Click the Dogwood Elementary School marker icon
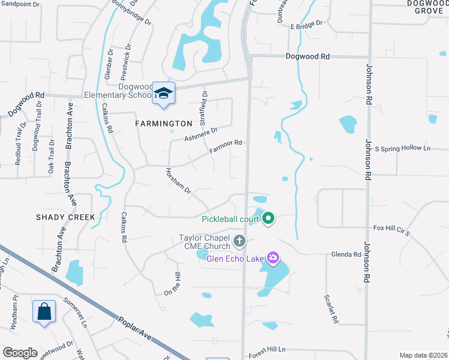click(x=163, y=94)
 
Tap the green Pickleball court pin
click(x=268, y=219)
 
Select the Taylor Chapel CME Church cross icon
click(x=240, y=242)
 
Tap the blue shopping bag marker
click(x=44, y=311)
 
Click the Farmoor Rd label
click(x=226, y=144)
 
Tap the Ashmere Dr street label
click(x=200, y=133)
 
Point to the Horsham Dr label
click(x=178, y=181)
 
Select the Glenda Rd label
click(x=346, y=254)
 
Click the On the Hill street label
click(x=172, y=284)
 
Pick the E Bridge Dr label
click(x=306, y=26)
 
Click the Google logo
click(x=20, y=353)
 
